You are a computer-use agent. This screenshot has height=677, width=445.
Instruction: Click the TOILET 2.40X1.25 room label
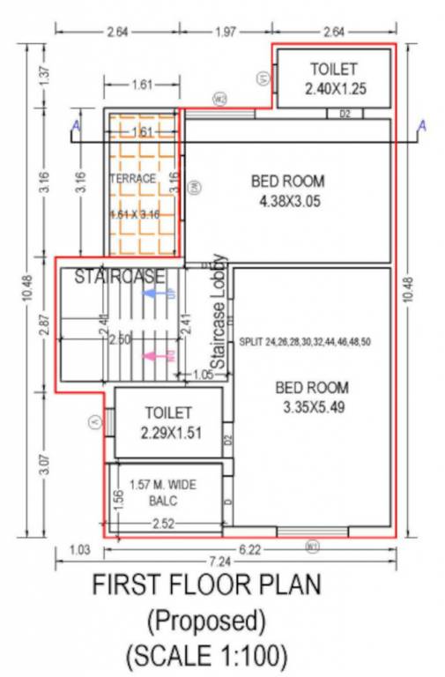tap(334, 78)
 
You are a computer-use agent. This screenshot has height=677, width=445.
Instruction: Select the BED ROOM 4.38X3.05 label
tap(287, 191)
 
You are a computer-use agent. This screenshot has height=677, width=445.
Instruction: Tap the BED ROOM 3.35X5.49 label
tap(312, 398)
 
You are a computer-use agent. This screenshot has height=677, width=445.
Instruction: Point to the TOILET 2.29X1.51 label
tap(167, 422)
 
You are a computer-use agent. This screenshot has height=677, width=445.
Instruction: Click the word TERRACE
tap(132, 178)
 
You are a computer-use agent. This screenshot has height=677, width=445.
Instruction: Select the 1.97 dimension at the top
tap(226, 33)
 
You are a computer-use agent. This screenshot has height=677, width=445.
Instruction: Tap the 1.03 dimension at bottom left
tap(79, 550)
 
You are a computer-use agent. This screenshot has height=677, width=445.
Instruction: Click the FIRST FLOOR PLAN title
tap(207, 585)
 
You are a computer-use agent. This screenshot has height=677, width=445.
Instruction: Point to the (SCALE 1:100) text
tap(207, 656)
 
